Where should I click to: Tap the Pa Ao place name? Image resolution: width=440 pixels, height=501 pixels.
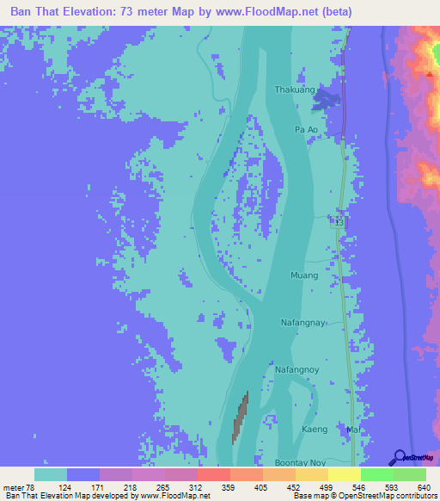click(x=307, y=129)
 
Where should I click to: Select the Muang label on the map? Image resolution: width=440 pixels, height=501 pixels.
click(x=305, y=275)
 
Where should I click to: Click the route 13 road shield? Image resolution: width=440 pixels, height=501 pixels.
click(x=339, y=222)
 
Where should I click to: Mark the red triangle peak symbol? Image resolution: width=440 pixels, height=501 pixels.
click(x=429, y=74)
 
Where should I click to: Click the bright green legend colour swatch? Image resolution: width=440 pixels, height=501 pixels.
click(x=376, y=474)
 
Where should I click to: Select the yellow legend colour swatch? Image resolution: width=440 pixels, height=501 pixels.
click(x=344, y=474)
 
